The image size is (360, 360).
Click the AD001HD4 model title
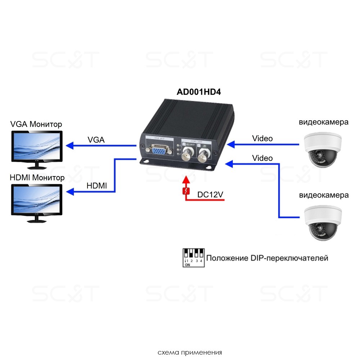click(198, 92)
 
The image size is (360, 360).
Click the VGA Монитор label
click(36, 124)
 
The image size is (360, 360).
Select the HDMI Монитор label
click(37, 177)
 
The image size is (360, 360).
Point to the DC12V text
click(211, 195)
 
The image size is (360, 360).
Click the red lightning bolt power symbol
click(186, 191)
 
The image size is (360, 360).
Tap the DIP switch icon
click(193, 257)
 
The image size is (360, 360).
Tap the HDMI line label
click(97, 186)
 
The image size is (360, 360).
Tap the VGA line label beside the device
click(96, 140)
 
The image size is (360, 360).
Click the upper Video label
click(262, 138)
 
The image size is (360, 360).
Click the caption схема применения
click(189, 352)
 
